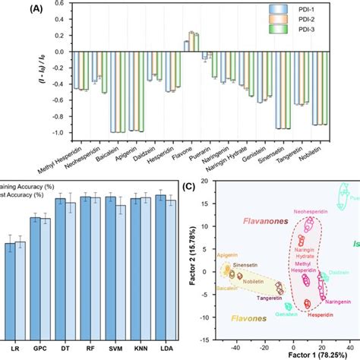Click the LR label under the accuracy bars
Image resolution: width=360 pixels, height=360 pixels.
16,346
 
